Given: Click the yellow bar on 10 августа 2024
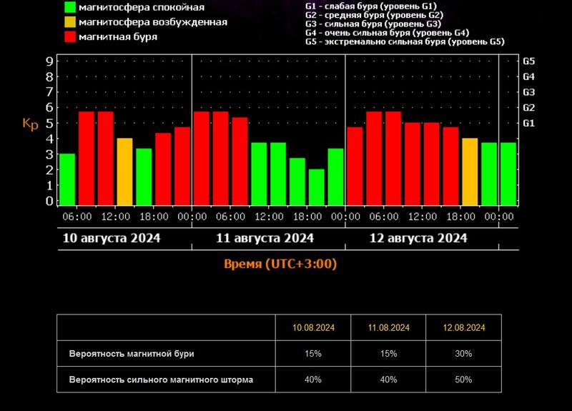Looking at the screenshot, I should pyautogui.click(x=124, y=172).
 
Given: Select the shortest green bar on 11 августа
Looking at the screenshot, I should pyautogui.click(x=317, y=187).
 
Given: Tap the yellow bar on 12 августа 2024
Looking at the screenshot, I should pyautogui.click(x=470, y=172).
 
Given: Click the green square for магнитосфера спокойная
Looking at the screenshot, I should pyautogui.click(x=70, y=8).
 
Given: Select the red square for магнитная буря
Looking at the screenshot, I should pyautogui.click(x=70, y=36).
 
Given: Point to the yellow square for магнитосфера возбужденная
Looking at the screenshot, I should pyautogui.click(x=70, y=22).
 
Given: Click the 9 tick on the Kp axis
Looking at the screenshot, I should pyautogui.click(x=50, y=61).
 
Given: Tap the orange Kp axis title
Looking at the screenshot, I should pyautogui.click(x=30, y=124).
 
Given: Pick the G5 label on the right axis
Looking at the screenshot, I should pyautogui.click(x=529, y=61).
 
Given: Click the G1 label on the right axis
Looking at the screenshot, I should pyautogui.click(x=529, y=124).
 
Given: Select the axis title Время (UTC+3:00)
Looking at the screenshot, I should pyautogui.click(x=280, y=264).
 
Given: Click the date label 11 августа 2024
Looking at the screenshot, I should pyautogui.click(x=265, y=238).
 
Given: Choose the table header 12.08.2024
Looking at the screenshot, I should pyautogui.click(x=463, y=327).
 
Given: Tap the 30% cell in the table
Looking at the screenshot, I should pyautogui.click(x=463, y=354).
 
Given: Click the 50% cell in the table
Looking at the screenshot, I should pyautogui.click(x=463, y=380).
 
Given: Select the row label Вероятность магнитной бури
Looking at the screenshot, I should pyautogui.click(x=131, y=354).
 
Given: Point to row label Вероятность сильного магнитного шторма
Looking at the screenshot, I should pyautogui.click(x=161, y=380).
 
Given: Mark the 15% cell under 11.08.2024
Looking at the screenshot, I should pyautogui.click(x=389, y=354).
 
